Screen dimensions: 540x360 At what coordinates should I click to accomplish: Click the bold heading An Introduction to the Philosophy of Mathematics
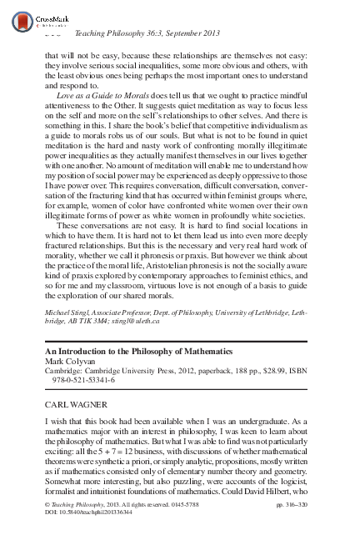pyautogui.click(x=126, y=374)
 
